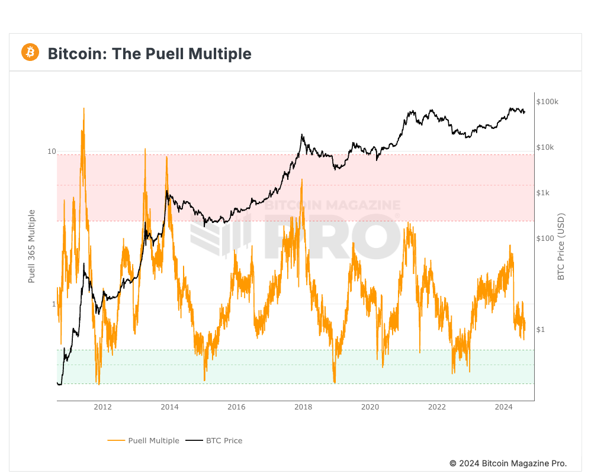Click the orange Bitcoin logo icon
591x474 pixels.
(30, 52)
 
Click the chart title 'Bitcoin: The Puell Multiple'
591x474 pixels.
(149, 54)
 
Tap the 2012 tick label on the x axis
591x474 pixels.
(102, 407)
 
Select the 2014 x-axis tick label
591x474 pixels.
(169, 407)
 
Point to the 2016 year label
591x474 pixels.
(236, 407)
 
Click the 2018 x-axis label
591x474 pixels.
(303, 407)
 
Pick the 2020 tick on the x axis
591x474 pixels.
(370, 407)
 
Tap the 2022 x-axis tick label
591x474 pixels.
(437, 407)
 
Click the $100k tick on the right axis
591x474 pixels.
(547, 102)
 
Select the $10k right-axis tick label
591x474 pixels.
(545, 147)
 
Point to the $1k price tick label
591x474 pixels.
(544, 193)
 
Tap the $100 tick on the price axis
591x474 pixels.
(545, 238)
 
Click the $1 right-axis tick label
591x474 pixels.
(541, 330)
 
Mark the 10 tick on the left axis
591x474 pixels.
(52, 152)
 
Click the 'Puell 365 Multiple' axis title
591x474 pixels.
(33, 246)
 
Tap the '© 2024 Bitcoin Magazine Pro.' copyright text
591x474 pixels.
(508, 463)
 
